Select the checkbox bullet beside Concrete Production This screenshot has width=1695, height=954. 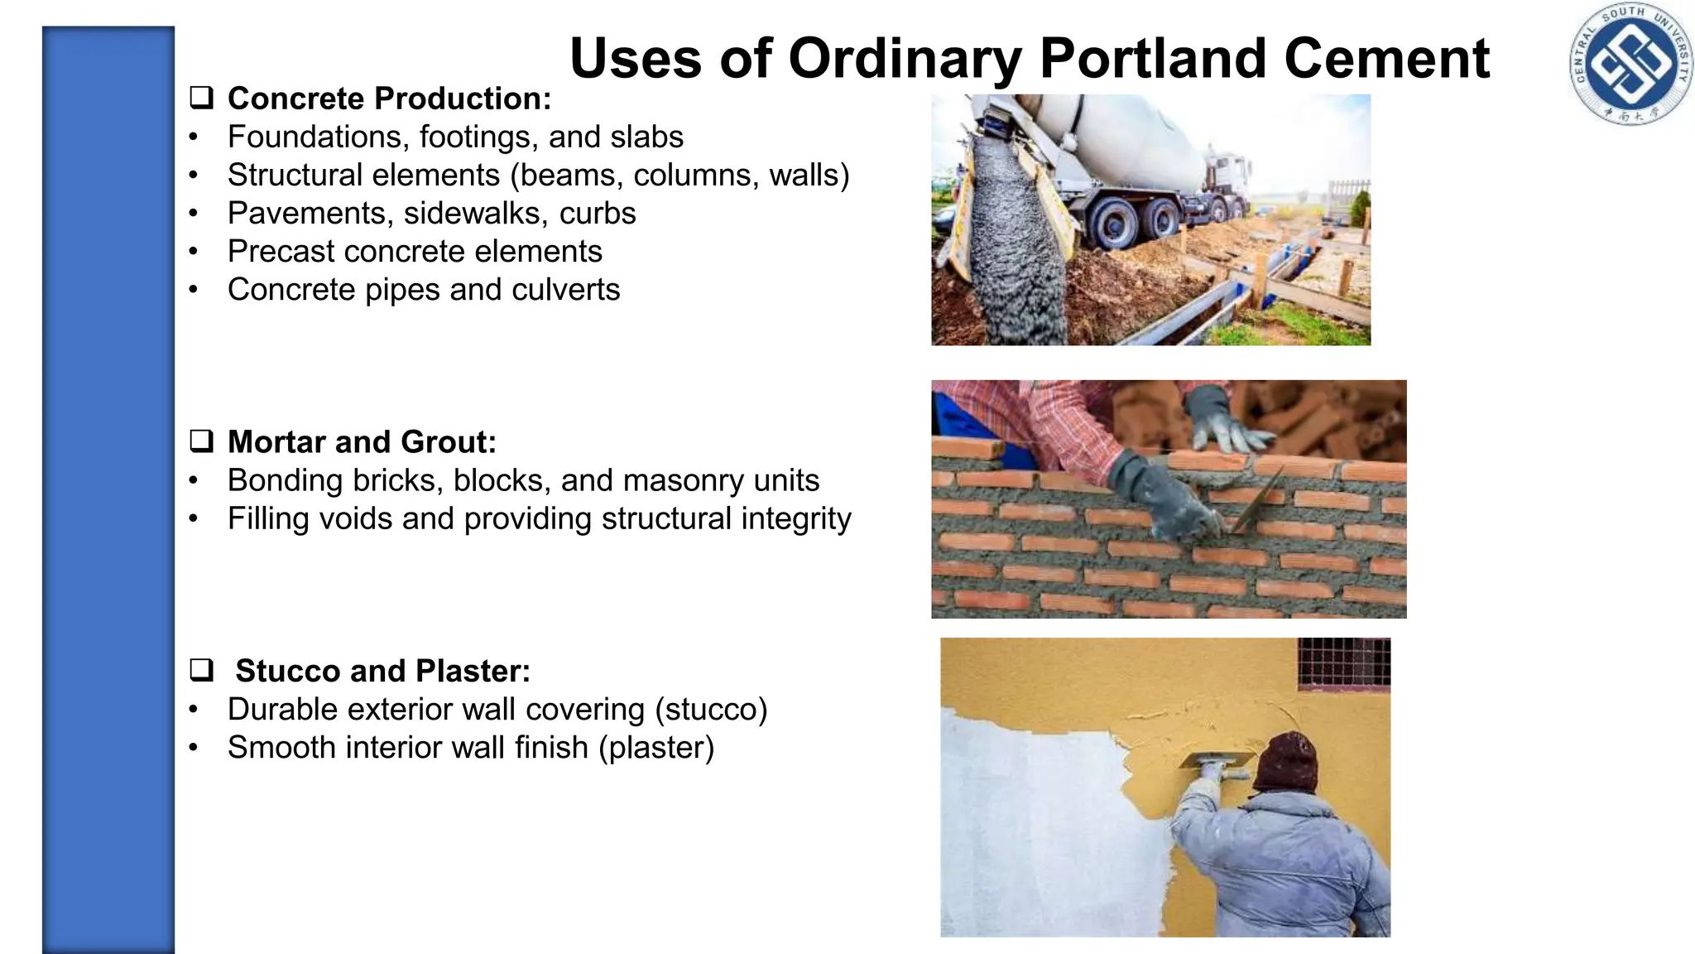(x=201, y=99)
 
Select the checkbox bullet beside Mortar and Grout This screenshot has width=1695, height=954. (x=201, y=441)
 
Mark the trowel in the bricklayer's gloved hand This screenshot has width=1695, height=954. (x=1254, y=505)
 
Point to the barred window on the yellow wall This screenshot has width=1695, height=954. (x=1343, y=662)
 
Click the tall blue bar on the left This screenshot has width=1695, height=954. (x=108, y=489)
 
